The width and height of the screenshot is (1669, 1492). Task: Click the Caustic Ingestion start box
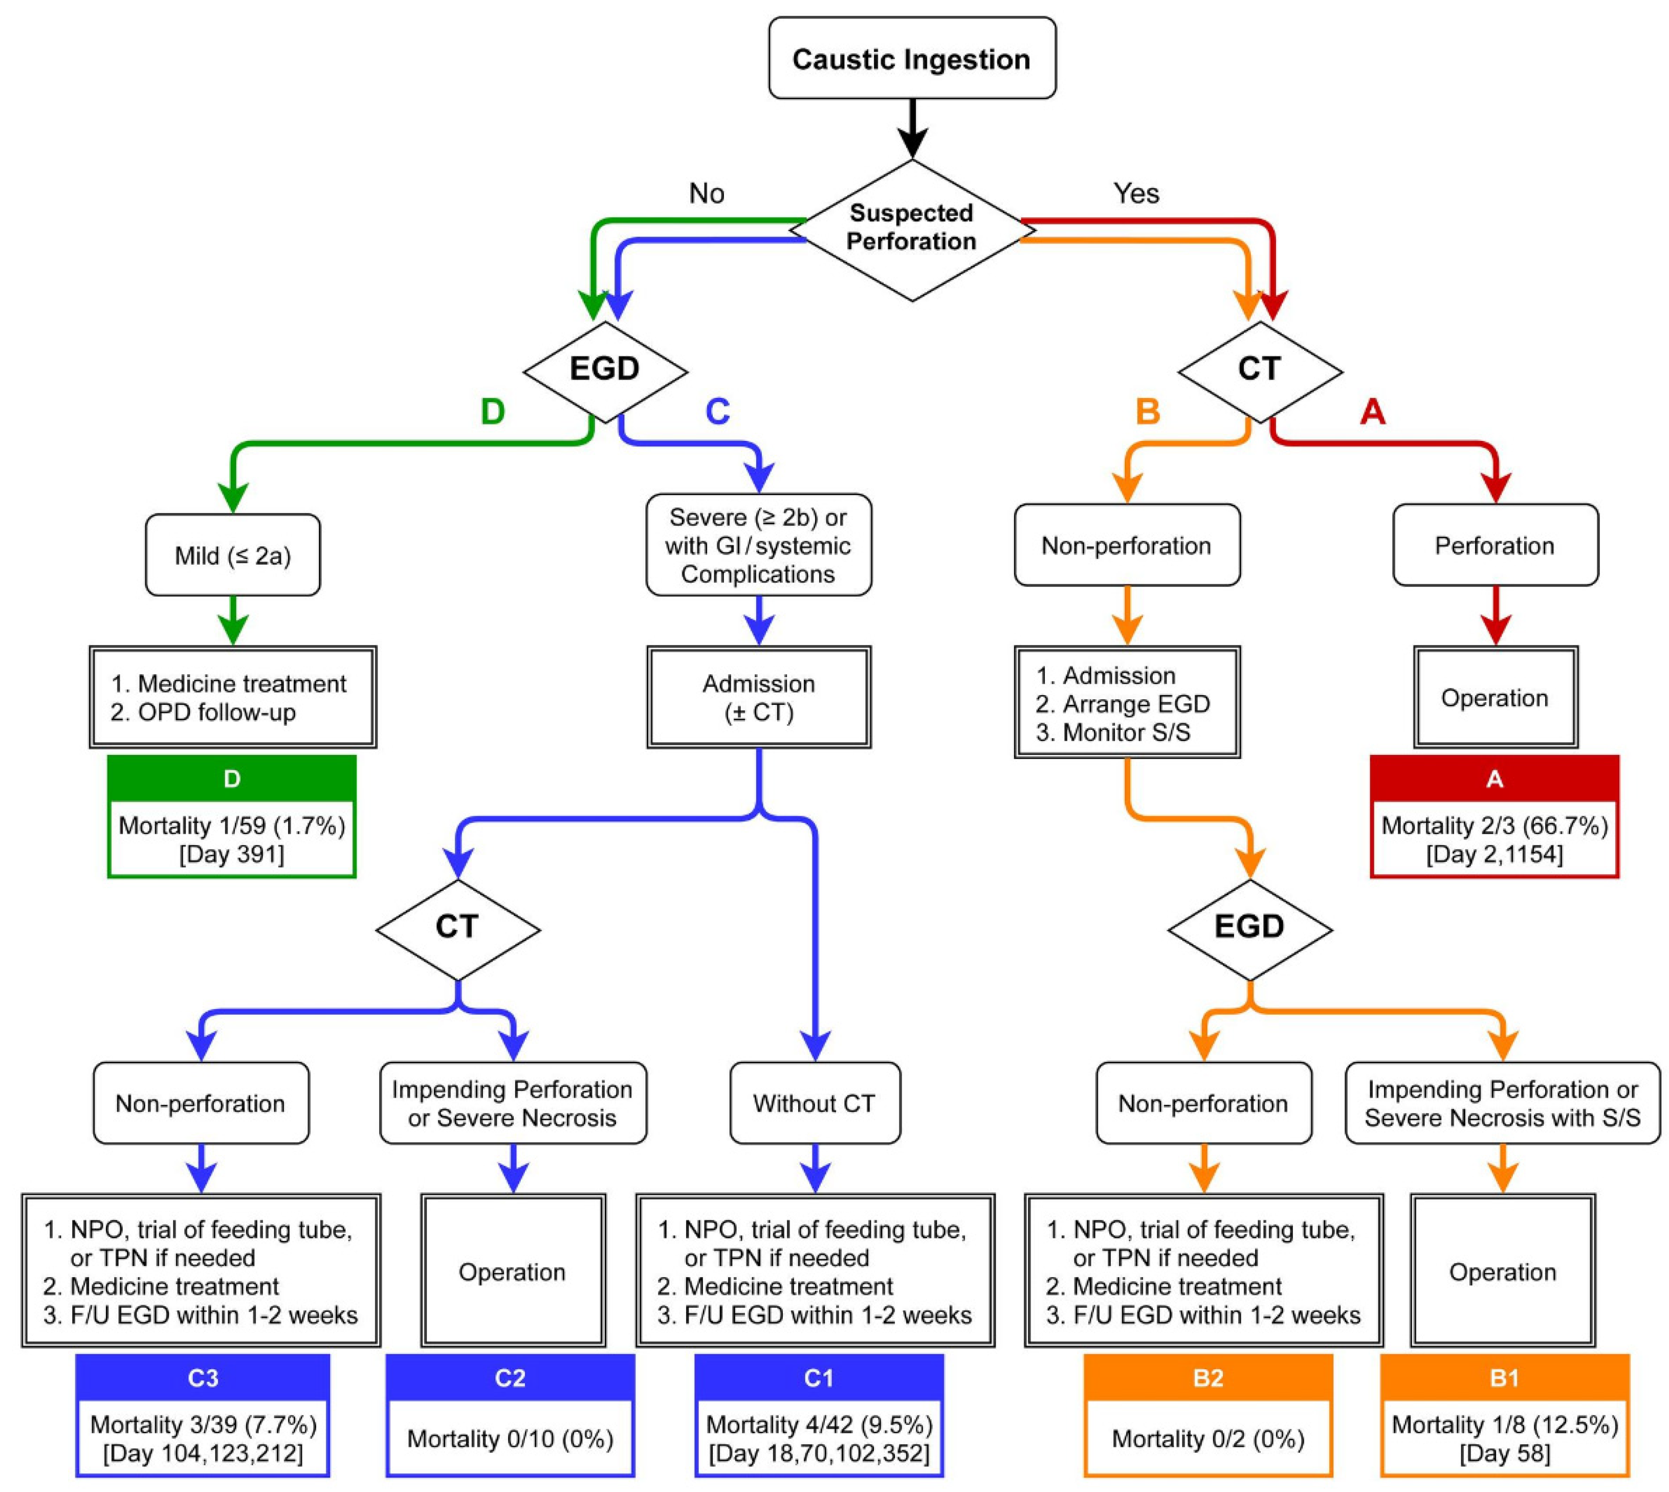click(911, 59)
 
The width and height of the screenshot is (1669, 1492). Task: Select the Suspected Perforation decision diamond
click(911, 228)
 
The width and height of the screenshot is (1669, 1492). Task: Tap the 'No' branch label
click(706, 193)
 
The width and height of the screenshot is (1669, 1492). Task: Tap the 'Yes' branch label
click(1136, 193)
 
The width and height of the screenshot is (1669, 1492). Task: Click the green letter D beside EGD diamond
click(492, 412)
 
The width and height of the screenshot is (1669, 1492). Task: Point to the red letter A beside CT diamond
click(1372, 412)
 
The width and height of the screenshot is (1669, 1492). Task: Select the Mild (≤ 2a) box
click(233, 556)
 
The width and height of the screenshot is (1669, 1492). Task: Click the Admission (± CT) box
click(759, 698)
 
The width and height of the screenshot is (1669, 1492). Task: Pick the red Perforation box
click(1495, 545)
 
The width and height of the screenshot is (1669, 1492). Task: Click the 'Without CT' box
click(815, 1103)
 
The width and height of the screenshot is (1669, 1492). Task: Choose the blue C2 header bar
click(510, 1378)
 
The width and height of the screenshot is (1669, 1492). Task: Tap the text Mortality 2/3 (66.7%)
click(1495, 826)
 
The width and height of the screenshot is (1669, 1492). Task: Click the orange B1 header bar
click(1504, 1378)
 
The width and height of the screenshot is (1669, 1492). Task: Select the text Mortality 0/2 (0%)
click(1208, 1439)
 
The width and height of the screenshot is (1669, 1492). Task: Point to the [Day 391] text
click(232, 854)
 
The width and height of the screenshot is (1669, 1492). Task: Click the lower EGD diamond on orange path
click(1249, 927)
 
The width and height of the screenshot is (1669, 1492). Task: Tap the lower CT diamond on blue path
click(457, 927)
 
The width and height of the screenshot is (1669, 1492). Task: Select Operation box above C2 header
click(513, 1272)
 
